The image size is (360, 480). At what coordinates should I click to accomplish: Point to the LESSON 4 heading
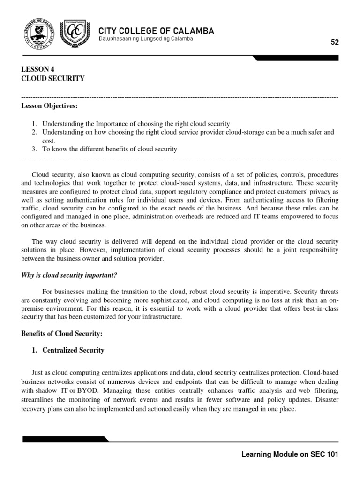(41, 69)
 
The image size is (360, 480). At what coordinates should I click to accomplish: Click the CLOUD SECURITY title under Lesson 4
(53, 79)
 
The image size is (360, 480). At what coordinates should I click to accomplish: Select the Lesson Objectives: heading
(49, 106)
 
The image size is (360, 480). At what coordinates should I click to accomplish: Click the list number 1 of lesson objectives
(34, 124)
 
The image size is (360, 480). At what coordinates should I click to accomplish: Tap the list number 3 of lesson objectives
(34, 149)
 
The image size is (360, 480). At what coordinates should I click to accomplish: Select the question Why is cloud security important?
(71, 275)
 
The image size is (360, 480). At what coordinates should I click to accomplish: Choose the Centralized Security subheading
(73, 350)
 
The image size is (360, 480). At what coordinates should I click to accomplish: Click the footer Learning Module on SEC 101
(289, 454)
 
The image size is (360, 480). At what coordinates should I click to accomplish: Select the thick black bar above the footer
(66, 439)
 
